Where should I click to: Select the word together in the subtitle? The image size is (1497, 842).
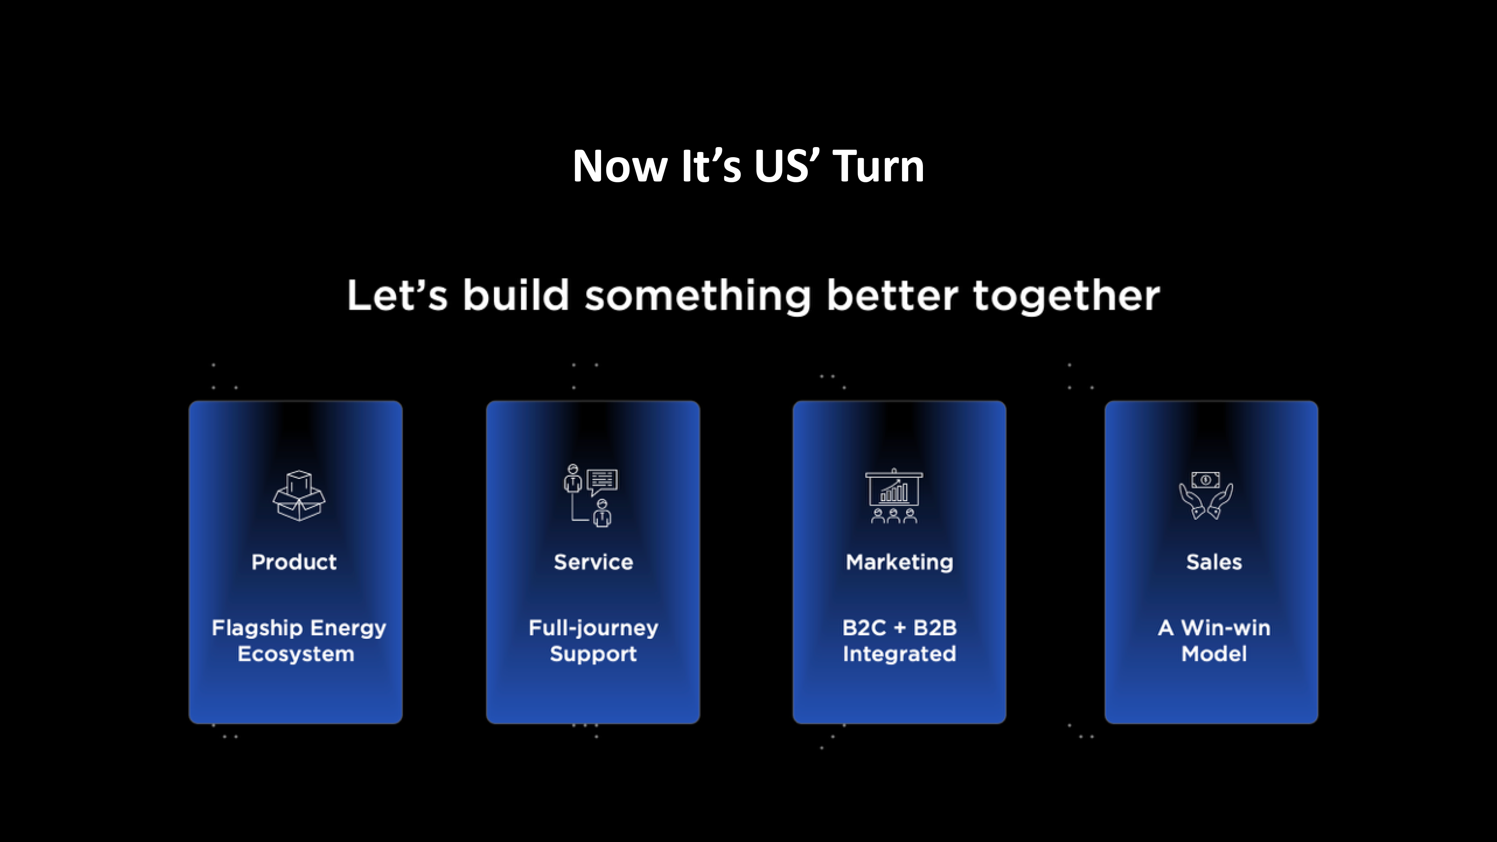click(x=1066, y=296)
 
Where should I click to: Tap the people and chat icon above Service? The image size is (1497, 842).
click(x=591, y=496)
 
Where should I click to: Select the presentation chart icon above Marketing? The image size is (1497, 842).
click(x=894, y=496)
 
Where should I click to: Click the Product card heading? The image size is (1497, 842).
click(x=294, y=562)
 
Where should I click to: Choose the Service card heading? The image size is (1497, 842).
click(x=593, y=562)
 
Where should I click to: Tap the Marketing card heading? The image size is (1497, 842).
click(x=900, y=562)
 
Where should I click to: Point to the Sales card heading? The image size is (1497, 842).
click(x=1214, y=562)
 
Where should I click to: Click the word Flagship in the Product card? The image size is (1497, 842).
click(x=257, y=628)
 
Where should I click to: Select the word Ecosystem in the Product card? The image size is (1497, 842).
click(x=296, y=654)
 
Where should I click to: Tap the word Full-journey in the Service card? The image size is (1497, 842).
click(x=593, y=628)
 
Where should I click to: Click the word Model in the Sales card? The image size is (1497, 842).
click(x=1214, y=654)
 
